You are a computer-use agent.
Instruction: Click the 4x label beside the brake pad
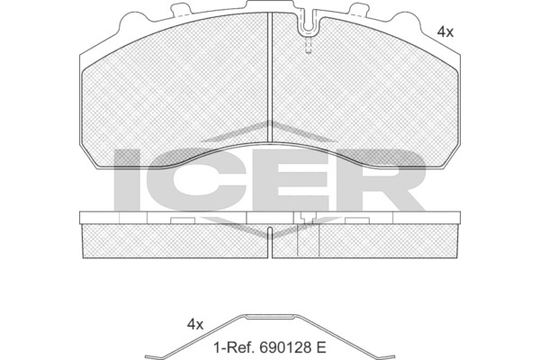[445, 32]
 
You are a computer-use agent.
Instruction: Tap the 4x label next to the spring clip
[195, 324]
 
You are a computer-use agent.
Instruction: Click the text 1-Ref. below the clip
[235, 347]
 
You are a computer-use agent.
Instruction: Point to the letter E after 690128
[320, 347]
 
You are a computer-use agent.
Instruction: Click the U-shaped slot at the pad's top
[309, 24]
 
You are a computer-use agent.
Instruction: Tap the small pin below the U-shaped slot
[308, 45]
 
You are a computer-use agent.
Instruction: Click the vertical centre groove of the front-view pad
[270, 76]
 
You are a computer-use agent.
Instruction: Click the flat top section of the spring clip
[270, 317]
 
